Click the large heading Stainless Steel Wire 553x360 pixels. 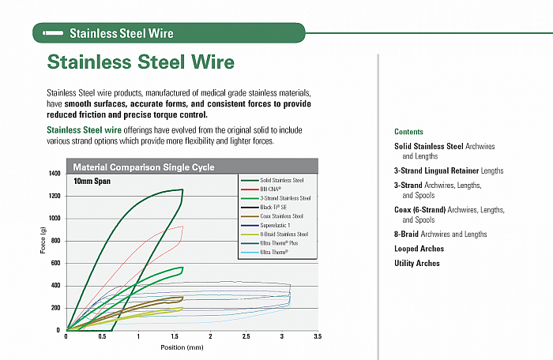point(141,62)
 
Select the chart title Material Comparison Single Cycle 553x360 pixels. point(143,167)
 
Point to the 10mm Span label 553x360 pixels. point(92,182)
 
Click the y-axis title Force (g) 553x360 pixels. point(43,240)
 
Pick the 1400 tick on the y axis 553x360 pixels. point(55,174)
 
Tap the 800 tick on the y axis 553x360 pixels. point(55,241)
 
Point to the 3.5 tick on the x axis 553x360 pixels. point(317,336)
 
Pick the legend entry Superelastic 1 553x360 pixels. point(278,225)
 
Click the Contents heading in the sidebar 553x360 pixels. point(408,132)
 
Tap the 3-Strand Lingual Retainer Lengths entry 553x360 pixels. point(448,171)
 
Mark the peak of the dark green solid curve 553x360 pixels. point(182,189)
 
